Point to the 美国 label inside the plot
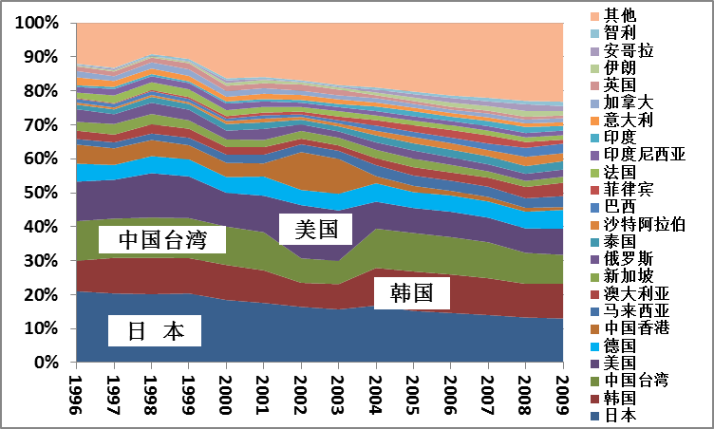click(x=314, y=228)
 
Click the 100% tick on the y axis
click(x=37, y=23)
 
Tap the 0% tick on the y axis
click(x=46, y=363)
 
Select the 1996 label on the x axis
click(x=77, y=388)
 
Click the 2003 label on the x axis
click(x=338, y=388)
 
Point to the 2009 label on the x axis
click(x=562, y=388)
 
